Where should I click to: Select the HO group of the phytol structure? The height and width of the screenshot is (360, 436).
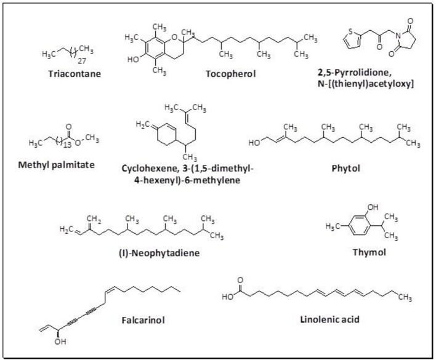pos(254,143)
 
